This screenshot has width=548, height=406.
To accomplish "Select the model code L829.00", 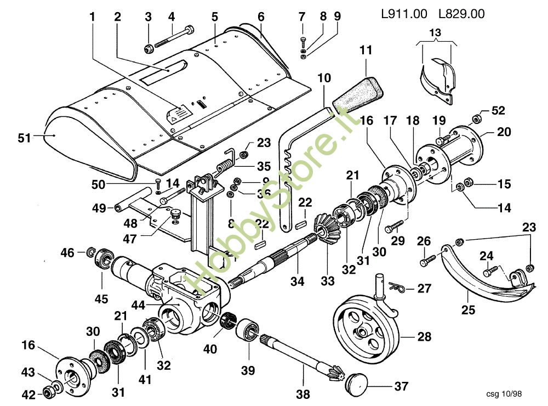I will point(461,14).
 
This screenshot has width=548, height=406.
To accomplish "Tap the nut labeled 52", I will point(477,117).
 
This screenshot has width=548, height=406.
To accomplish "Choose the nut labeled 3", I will point(148,49).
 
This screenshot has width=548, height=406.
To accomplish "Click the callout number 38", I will point(302,393).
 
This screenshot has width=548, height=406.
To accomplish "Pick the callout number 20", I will point(504,132).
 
